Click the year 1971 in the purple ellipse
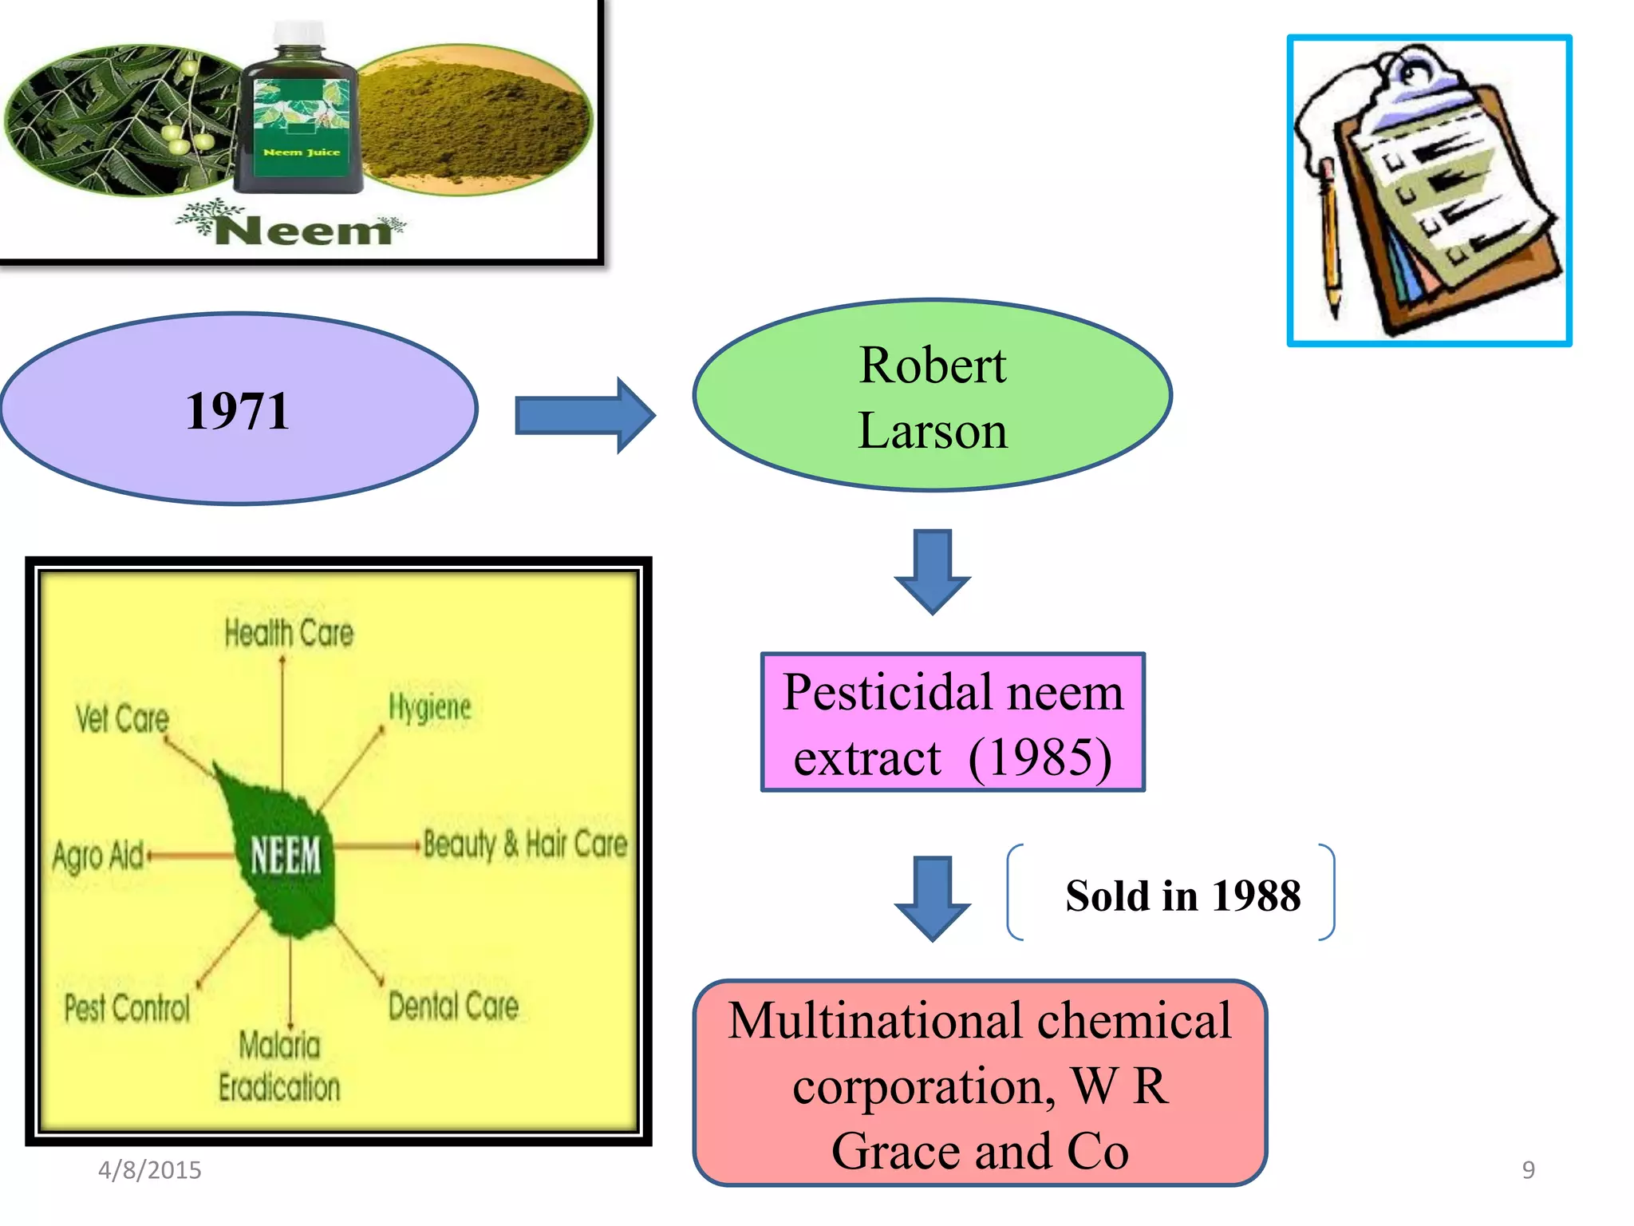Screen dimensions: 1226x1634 tap(237, 411)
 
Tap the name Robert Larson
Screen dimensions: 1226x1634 tap(932, 397)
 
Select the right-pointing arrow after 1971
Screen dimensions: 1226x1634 tap(585, 416)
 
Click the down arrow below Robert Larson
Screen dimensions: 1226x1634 tap(932, 571)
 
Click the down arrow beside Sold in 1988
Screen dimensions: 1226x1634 tap(932, 898)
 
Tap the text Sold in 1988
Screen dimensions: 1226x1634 tap(1182, 896)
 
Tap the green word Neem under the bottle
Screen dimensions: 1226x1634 tap(303, 231)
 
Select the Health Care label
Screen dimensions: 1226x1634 tap(288, 633)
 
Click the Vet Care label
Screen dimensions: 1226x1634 tap(122, 718)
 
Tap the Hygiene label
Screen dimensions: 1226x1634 tap(430, 707)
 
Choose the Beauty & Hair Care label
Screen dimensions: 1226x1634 tap(525, 844)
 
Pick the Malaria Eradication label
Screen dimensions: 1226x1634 tap(279, 1066)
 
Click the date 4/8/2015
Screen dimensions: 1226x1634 tap(149, 1170)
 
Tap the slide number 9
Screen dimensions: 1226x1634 tap(1528, 1170)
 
